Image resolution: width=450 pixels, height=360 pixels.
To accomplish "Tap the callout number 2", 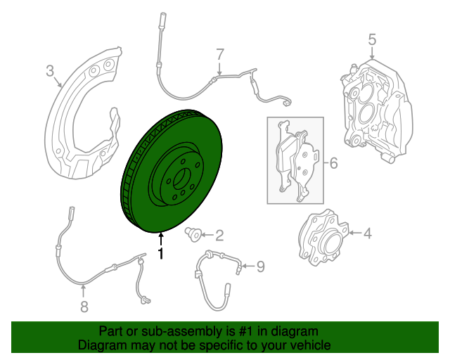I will [x=219, y=235].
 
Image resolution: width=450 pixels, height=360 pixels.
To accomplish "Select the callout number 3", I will [x=50, y=70].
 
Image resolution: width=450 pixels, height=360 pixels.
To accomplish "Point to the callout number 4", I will [x=368, y=233].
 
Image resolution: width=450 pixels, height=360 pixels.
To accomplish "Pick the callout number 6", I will [x=333, y=163].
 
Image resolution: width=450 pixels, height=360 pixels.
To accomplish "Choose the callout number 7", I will [x=219, y=54].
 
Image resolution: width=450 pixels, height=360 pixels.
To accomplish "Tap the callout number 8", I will [x=84, y=306].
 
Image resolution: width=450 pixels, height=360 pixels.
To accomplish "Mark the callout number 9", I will [x=259, y=266].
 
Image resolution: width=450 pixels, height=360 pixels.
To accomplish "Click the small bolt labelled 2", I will [x=192, y=233].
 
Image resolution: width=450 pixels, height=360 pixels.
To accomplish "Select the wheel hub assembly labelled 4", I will [x=321, y=240].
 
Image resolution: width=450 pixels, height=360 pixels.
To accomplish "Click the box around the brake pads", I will [x=295, y=160].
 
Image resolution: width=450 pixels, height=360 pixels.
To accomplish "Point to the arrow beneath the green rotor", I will [x=161, y=239].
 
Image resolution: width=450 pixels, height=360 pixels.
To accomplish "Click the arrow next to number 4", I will [x=352, y=233].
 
